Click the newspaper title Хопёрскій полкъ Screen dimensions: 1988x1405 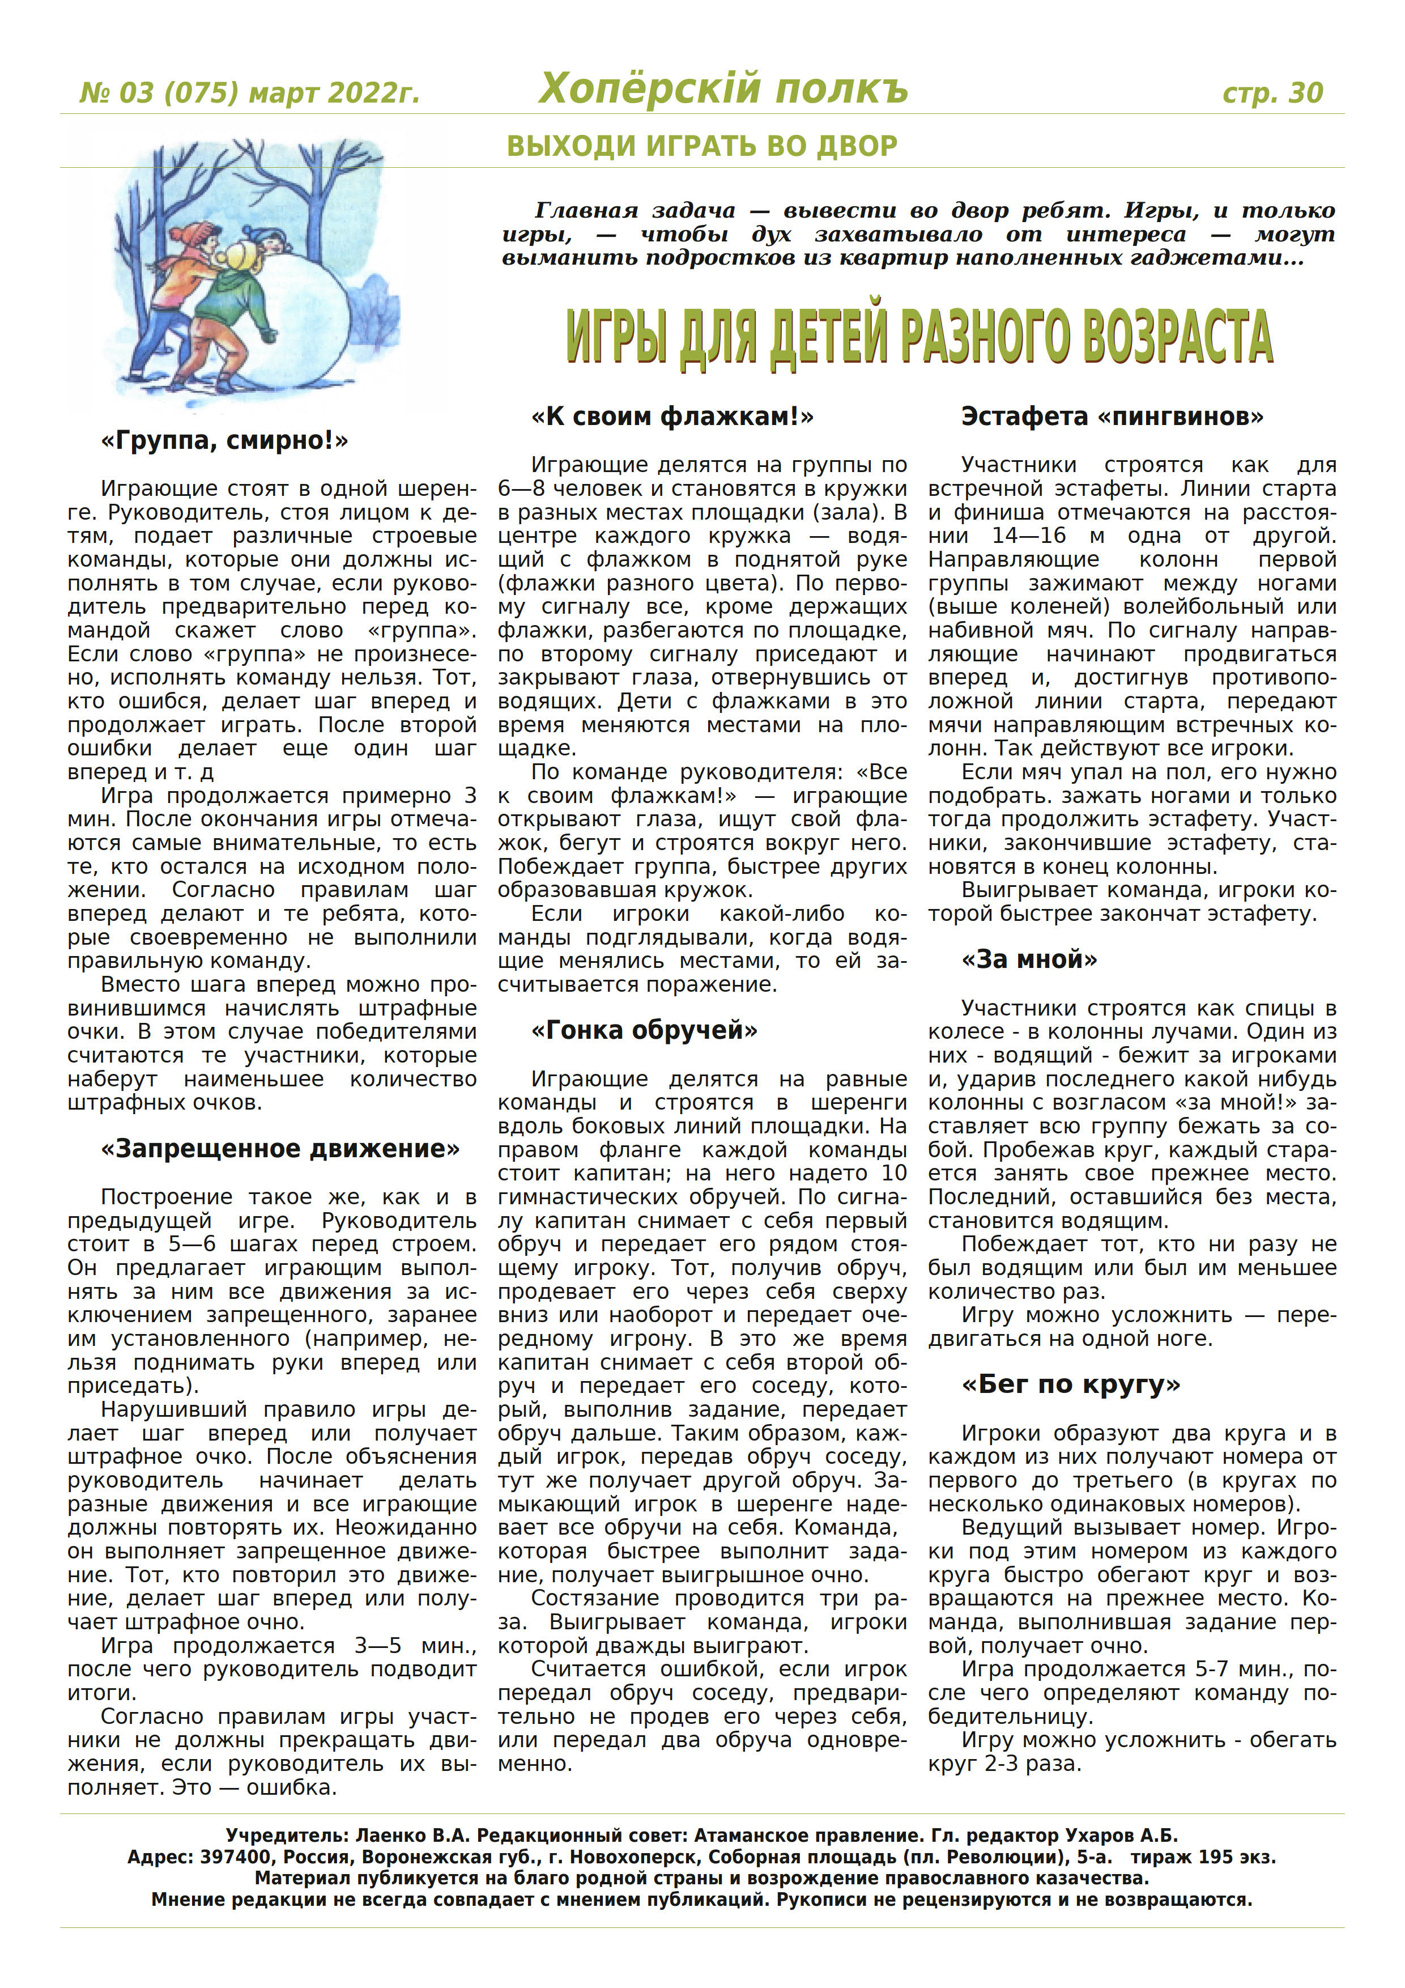point(723,88)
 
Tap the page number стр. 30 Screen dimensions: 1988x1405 point(1272,92)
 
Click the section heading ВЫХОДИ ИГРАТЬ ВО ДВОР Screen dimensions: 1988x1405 point(701,146)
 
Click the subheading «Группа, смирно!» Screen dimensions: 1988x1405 point(224,441)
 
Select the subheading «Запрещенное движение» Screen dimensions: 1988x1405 point(280,1148)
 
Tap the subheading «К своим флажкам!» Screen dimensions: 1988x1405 point(672,417)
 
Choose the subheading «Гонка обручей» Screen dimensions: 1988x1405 point(644,1030)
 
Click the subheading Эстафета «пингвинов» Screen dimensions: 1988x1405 point(1112,417)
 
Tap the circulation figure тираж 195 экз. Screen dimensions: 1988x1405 point(1203,1857)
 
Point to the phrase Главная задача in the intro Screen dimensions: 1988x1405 point(635,210)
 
